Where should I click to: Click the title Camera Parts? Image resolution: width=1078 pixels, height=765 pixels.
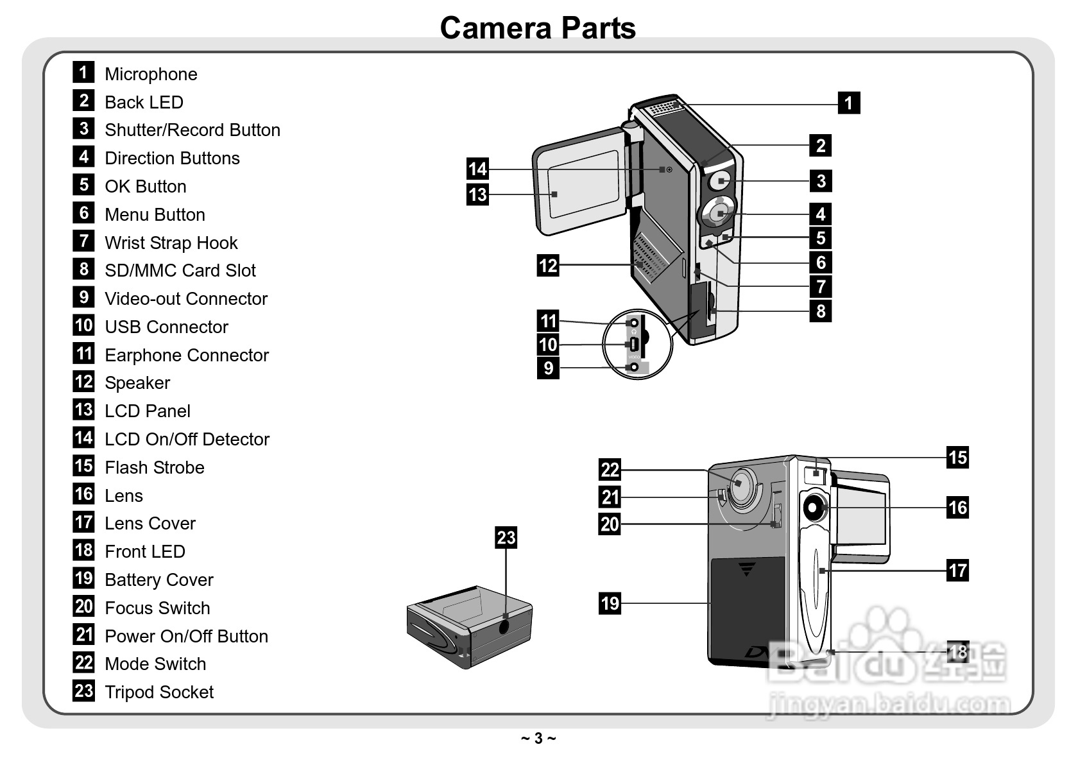tap(538, 28)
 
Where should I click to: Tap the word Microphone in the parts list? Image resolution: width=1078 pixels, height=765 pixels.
tap(151, 74)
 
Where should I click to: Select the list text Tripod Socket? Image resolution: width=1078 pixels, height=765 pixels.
tap(159, 692)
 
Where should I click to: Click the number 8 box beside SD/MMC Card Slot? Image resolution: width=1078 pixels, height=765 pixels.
tap(83, 269)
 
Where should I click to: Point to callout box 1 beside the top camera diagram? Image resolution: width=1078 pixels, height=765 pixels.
tap(848, 103)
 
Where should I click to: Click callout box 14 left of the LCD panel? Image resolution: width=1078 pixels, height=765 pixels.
tap(477, 169)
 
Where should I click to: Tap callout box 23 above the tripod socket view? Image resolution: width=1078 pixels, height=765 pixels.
tap(506, 537)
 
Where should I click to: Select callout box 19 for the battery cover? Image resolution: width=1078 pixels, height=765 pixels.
tap(610, 603)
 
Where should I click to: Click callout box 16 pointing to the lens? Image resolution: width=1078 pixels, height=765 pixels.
tap(957, 508)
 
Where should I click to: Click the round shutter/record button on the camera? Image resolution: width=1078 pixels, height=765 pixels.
tap(720, 182)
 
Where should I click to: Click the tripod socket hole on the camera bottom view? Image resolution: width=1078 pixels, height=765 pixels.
tap(504, 626)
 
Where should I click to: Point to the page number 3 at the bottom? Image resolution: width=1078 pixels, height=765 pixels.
tap(538, 739)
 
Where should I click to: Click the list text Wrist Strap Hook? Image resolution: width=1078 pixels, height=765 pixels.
tap(171, 243)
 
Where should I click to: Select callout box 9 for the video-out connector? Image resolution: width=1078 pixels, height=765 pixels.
tap(548, 368)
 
